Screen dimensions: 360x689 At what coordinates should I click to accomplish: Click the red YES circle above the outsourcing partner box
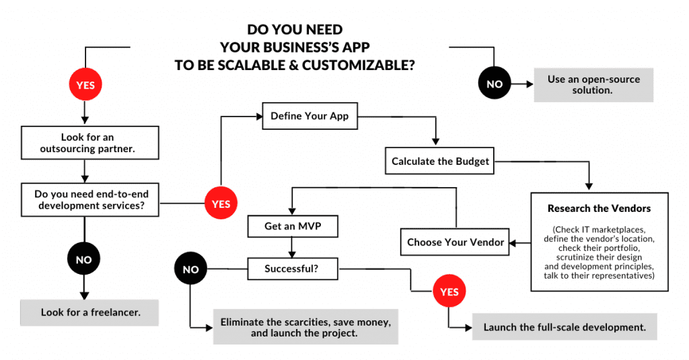(x=85, y=85)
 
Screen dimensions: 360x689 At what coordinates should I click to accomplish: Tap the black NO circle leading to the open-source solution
(x=494, y=84)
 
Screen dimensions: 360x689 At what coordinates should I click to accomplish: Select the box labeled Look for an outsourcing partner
(x=90, y=143)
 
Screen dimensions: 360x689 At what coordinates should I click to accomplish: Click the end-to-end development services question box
(x=90, y=199)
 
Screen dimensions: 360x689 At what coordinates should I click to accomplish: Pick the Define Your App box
(x=310, y=116)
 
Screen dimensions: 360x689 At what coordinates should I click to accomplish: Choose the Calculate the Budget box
(x=440, y=161)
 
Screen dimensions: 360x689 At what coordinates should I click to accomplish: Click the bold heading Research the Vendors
(x=599, y=209)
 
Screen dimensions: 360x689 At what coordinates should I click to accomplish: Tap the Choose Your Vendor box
(x=456, y=242)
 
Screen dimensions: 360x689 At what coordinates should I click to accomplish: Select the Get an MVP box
(x=292, y=226)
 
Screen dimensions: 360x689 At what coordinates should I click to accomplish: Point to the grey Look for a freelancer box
(x=90, y=313)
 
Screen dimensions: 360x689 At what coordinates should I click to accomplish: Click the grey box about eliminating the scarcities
(x=305, y=327)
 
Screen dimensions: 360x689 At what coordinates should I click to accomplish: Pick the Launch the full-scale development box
(x=565, y=328)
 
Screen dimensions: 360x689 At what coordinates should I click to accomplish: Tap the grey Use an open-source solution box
(x=593, y=84)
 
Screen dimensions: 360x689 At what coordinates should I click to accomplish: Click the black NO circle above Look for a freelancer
(x=84, y=259)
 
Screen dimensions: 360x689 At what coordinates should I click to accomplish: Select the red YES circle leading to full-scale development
(x=449, y=292)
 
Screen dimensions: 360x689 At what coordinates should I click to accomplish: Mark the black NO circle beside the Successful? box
(x=190, y=270)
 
